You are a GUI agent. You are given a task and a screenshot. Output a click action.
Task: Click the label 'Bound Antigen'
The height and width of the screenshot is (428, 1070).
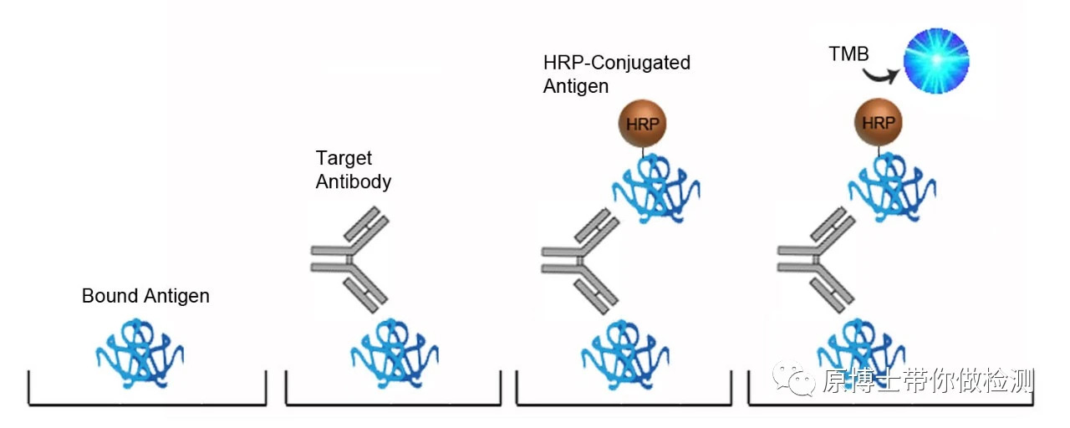(145, 296)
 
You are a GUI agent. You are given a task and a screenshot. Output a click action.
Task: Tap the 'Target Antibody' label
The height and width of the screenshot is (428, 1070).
(353, 170)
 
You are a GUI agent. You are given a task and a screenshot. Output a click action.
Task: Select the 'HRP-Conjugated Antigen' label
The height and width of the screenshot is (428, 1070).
(616, 74)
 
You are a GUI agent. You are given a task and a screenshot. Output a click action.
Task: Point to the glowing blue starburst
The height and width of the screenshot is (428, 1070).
(935, 60)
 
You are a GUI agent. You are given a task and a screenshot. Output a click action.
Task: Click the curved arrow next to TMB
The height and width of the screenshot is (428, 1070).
(883, 76)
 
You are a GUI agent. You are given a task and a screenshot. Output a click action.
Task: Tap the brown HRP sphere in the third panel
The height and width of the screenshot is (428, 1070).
(642, 122)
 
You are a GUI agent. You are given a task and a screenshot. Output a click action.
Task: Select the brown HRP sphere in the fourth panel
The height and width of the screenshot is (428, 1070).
(878, 122)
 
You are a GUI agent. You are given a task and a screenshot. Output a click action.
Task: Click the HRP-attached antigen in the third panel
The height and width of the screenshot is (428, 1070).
(655, 189)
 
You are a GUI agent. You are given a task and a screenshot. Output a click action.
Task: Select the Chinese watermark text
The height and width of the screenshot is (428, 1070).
(928, 381)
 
